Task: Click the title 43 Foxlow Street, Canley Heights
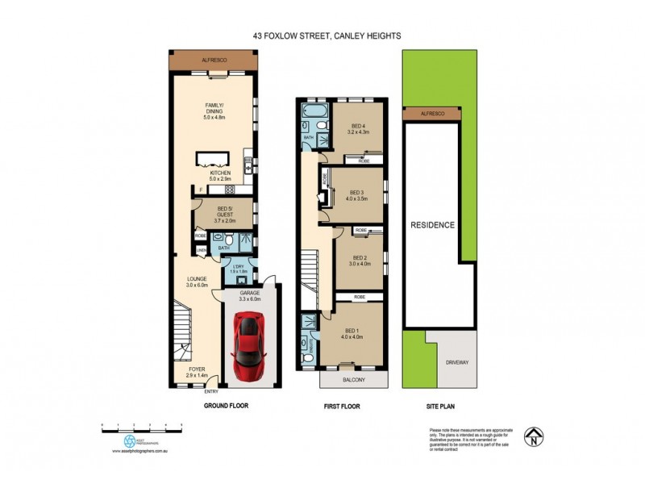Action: pyautogui.click(x=322, y=35)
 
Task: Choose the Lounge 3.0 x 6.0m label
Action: pyautogui.click(x=198, y=282)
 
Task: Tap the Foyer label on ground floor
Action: pyautogui.click(x=198, y=373)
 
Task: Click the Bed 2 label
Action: pyautogui.click(x=358, y=260)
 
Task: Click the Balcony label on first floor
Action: pyautogui.click(x=353, y=380)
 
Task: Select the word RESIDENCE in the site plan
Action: pyautogui.click(x=433, y=225)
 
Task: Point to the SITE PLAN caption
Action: pyautogui.click(x=439, y=407)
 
